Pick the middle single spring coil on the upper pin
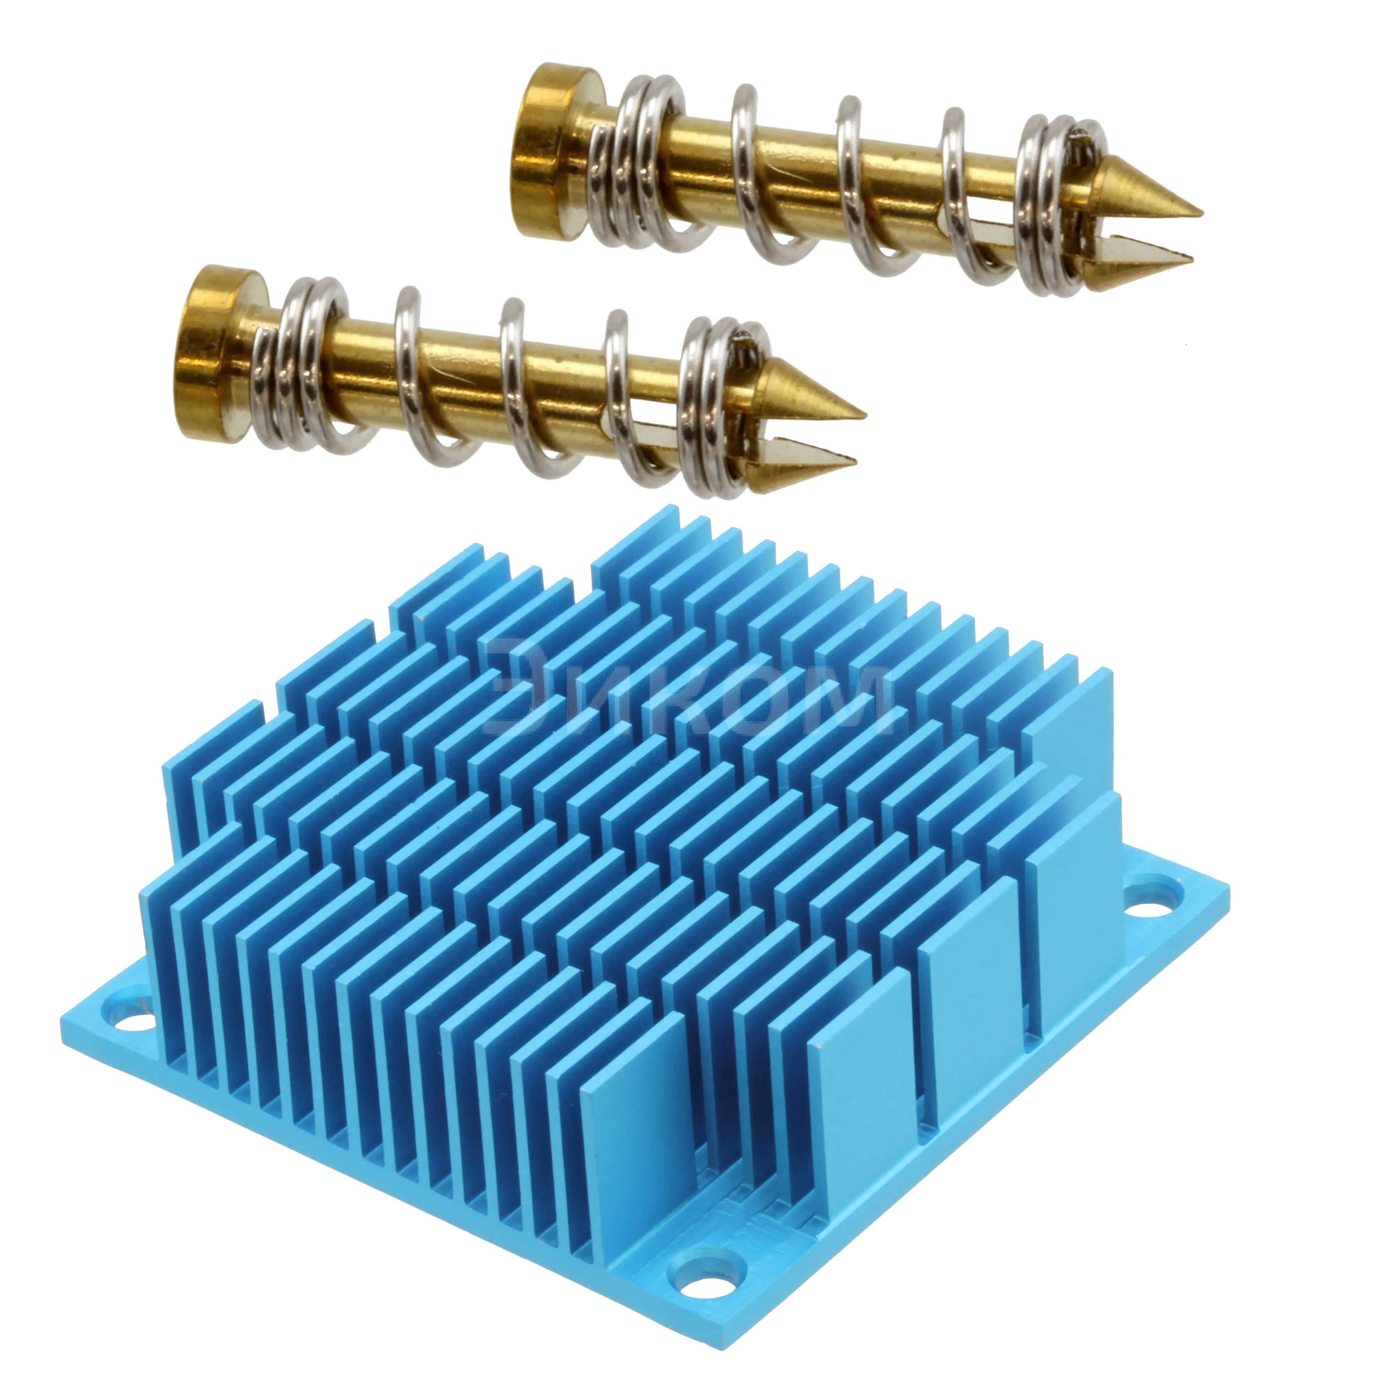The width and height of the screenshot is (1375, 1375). pyautogui.click(x=857, y=185)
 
